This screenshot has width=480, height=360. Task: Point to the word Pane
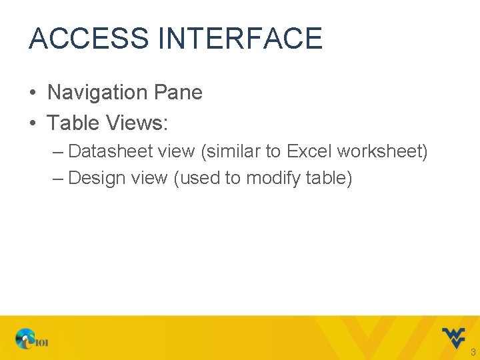pos(178,92)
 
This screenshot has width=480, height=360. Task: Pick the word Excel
pos(309,151)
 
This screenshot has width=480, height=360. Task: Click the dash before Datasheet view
pos(58,152)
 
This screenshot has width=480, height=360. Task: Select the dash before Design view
pos(58,179)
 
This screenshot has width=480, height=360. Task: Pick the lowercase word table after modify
pos(327,178)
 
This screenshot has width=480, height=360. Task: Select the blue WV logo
pos(453,337)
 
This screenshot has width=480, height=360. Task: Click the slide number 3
pos(473,352)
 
